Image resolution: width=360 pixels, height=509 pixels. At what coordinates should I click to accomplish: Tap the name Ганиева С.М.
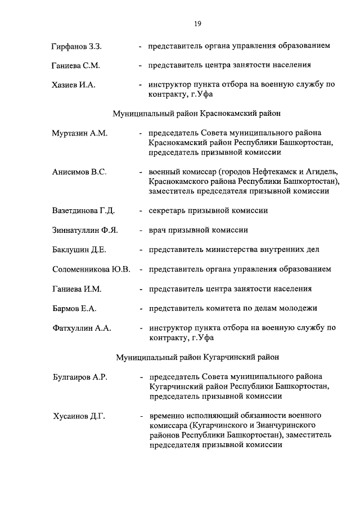(76, 65)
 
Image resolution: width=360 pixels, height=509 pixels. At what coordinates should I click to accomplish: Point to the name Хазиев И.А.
(73, 85)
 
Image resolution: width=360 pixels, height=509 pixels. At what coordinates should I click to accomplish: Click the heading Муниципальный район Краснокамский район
(197, 114)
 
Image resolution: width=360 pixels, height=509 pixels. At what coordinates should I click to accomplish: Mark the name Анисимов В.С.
(79, 172)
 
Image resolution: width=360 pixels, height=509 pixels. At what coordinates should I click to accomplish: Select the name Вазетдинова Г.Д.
(83, 211)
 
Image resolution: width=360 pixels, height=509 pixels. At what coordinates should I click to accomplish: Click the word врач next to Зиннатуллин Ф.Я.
(158, 230)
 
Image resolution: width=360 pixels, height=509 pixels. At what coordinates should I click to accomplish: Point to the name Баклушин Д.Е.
(79, 250)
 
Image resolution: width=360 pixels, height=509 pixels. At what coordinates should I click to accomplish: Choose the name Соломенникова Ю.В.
(91, 269)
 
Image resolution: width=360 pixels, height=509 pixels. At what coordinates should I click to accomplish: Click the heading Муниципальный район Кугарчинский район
(197, 357)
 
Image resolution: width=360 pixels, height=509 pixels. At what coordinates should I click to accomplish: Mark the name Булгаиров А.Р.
(79, 376)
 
